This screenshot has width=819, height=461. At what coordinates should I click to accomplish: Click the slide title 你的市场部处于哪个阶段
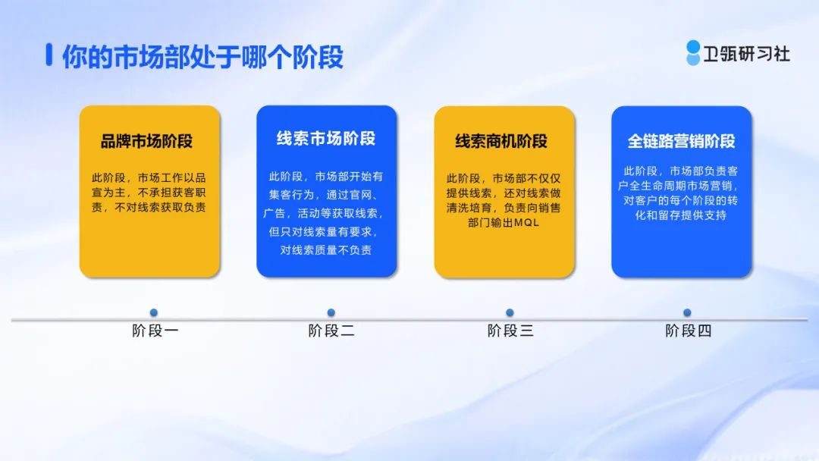(x=202, y=56)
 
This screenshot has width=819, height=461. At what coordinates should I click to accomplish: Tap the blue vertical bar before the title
(x=49, y=55)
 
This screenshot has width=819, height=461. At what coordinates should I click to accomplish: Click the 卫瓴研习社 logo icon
(x=693, y=53)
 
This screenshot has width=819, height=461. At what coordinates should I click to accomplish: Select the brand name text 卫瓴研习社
(x=746, y=54)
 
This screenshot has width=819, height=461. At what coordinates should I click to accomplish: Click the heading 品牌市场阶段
(x=147, y=141)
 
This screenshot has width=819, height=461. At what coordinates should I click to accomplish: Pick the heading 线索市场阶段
(x=326, y=138)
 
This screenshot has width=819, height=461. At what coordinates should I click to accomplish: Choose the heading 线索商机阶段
(x=501, y=141)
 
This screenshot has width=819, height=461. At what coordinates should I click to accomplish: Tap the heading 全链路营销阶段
(x=681, y=141)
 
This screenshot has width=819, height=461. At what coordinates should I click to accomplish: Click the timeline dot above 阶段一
(x=153, y=312)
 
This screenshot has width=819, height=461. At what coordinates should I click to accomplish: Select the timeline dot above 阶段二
(x=331, y=312)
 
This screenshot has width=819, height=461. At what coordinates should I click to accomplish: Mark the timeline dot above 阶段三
(x=510, y=312)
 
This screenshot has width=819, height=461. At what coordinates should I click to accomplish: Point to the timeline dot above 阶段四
(x=687, y=312)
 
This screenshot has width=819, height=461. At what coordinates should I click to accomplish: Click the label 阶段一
(x=155, y=331)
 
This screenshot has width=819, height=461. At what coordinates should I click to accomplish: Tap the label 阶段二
(x=331, y=331)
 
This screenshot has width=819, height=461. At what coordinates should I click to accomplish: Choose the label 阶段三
(x=510, y=331)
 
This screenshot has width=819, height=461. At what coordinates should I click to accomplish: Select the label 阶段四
(x=689, y=331)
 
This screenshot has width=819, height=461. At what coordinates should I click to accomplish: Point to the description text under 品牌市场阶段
(x=149, y=193)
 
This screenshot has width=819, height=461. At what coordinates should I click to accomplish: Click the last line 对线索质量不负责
(x=326, y=250)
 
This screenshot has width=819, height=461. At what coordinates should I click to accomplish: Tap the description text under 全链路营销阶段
(x=680, y=193)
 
